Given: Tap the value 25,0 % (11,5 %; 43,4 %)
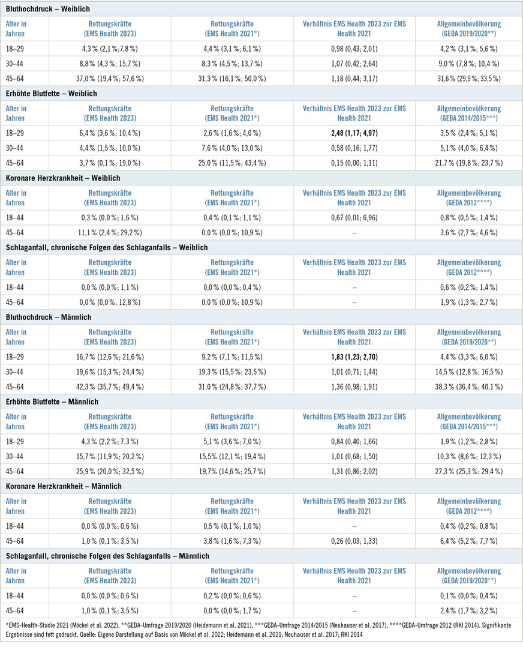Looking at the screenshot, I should pos(232,163).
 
